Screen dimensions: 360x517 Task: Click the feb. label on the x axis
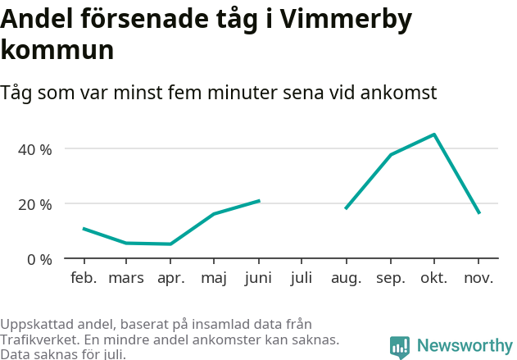(x=84, y=278)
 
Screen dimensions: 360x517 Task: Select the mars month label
(x=126, y=278)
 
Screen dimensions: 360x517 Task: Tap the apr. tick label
(x=170, y=278)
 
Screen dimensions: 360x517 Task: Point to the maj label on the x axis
(x=214, y=278)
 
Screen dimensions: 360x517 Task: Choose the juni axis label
(x=258, y=278)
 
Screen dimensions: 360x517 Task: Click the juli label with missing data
(x=302, y=278)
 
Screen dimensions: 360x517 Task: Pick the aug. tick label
(x=346, y=278)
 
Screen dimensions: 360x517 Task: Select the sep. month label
(x=390, y=278)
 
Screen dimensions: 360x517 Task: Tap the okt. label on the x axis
(x=433, y=278)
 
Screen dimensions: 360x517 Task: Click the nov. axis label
(x=478, y=278)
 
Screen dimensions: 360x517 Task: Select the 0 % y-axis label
(x=40, y=259)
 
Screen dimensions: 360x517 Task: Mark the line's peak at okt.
(x=434, y=134)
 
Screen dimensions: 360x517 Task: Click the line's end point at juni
(x=259, y=200)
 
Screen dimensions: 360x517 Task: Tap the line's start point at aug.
(x=346, y=208)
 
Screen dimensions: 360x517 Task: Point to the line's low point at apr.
(x=170, y=244)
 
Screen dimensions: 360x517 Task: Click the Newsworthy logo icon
(x=400, y=347)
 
